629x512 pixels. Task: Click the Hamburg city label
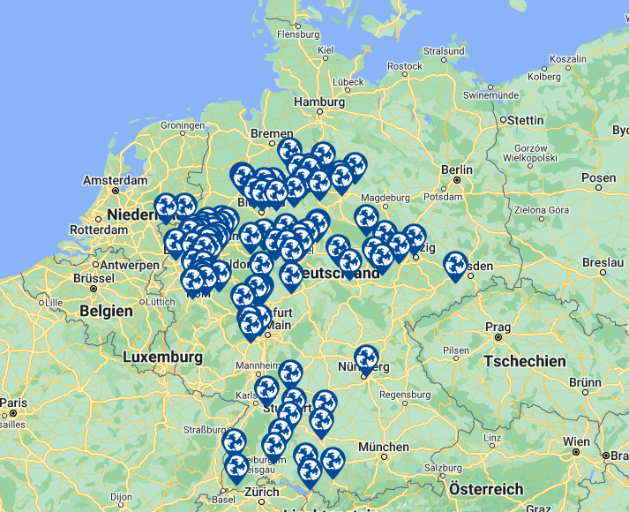tap(318, 102)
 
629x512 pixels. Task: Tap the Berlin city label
tap(457, 169)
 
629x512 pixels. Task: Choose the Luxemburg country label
tap(162, 357)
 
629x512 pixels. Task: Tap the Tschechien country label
tap(525, 361)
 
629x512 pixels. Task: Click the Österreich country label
tap(485, 489)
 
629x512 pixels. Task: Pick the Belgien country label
tap(106, 311)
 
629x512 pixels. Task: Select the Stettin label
tap(525, 120)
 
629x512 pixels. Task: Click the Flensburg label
tap(297, 34)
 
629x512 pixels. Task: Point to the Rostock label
tap(405, 66)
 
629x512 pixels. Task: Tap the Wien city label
tap(577, 441)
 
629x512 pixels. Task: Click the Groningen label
tap(183, 125)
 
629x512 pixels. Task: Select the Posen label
tap(598, 178)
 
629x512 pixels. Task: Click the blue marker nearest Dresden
tap(455, 265)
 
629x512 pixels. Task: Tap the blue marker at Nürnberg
tap(366, 358)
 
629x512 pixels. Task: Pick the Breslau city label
tap(603, 263)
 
